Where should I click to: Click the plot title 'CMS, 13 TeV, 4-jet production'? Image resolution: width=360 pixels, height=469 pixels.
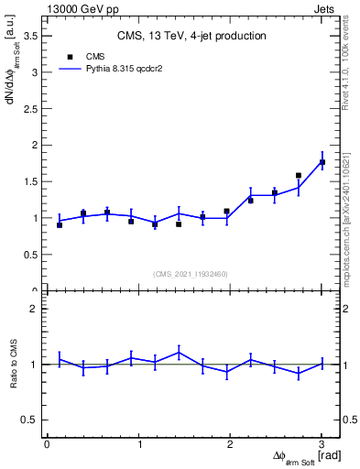coord(191,37)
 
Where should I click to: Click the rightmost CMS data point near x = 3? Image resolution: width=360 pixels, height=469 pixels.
coord(322,162)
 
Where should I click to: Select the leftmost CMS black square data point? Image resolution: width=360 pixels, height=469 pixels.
coord(60,224)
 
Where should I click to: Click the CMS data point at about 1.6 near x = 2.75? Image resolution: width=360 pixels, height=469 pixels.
coord(299,175)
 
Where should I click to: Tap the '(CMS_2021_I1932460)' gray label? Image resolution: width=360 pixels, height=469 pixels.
coord(191,274)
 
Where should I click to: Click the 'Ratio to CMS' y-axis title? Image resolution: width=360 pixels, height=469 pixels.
coord(13,365)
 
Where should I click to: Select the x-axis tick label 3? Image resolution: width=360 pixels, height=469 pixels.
coord(322,444)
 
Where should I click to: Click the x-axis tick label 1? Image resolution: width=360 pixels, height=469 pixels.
coord(139,444)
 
